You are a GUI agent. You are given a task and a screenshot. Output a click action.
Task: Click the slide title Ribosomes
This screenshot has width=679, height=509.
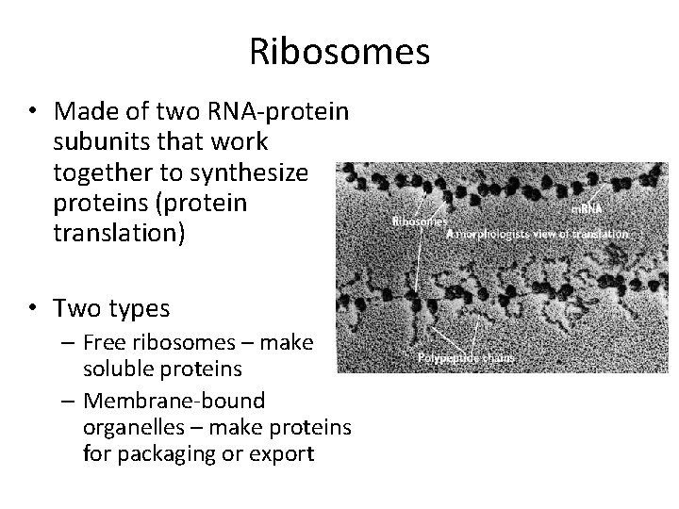click(x=339, y=51)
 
